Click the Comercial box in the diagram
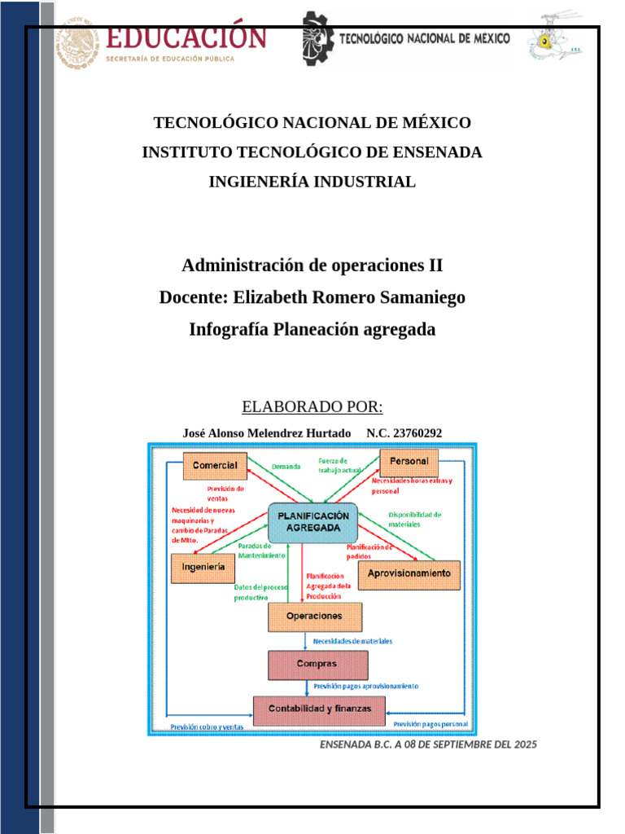pos(215,466)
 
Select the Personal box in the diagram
pos(409,462)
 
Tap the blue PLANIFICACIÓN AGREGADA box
pos(312,522)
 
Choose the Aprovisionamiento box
pos(409,574)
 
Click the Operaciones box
pos(314,617)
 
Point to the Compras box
pos(317,664)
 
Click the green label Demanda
pos(286,467)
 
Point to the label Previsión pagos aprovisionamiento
pos(366,686)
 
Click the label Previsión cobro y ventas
pos(207,726)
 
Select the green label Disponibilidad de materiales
pos(414,520)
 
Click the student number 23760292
pos(417,433)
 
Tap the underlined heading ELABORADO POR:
pos(312,407)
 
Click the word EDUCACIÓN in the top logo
pos(186,37)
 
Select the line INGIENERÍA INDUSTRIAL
pos(312,182)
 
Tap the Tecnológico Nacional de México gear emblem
pos(317,38)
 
